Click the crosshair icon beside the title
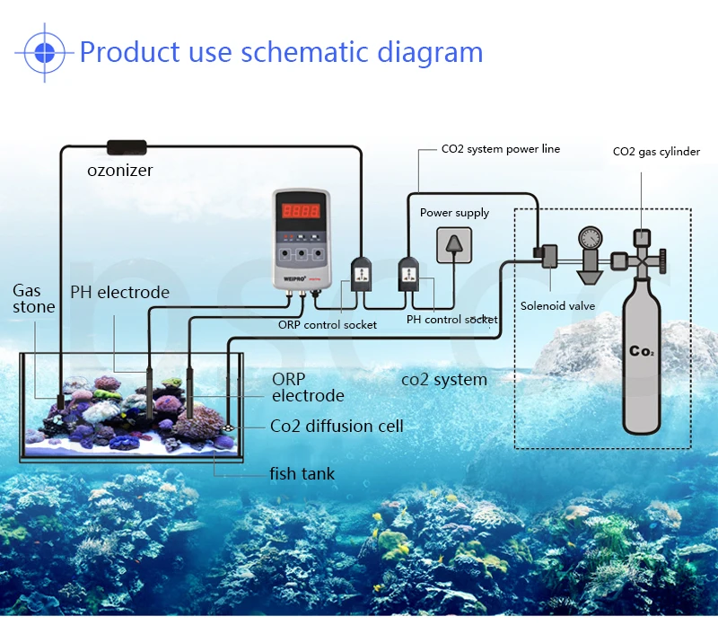44,53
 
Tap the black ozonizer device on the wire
127,147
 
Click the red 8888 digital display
301,211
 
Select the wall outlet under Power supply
454,245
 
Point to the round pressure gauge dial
591,238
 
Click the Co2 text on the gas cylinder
642,351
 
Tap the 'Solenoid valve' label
557,306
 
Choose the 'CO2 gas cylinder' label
656,152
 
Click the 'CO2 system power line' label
501,149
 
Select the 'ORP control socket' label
328,325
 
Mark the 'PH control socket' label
452,320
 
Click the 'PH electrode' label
120,292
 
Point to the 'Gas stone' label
34,298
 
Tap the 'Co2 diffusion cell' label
337,426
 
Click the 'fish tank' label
302,473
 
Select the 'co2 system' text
444,380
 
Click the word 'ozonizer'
120,171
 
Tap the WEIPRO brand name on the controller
294,278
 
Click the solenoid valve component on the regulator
546,256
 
